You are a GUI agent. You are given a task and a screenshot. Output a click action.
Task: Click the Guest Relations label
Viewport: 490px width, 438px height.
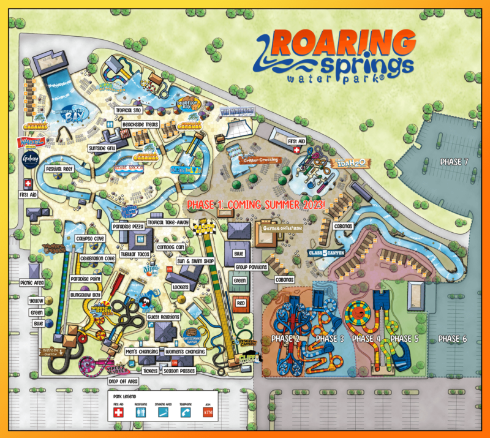(163, 317)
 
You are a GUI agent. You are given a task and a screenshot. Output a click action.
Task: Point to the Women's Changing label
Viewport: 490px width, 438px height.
(185, 352)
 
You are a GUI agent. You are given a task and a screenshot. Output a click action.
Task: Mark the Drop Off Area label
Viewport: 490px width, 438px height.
(124, 382)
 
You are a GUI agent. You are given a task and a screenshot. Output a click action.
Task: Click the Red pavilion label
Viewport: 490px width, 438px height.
(241, 303)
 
